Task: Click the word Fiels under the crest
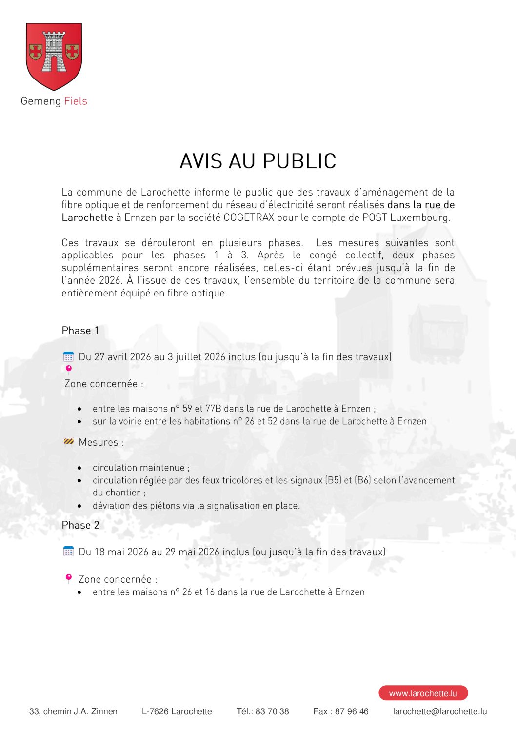pyautogui.click(x=76, y=101)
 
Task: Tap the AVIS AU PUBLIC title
pyautogui.click(x=258, y=161)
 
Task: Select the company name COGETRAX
pyautogui.click(x=249, y=217)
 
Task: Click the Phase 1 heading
pyautogui.click(x=80, y=331)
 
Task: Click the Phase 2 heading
pyautogui.click(x=80, y=525)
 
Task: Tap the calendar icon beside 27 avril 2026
pyautogui.click(x=68, y=357)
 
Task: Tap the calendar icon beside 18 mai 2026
pyautogui.click(x=68, y=552)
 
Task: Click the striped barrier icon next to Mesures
pyautogui.click(x=68, y=442)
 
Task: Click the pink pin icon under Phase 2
pyautogui.click(x=69, y=578)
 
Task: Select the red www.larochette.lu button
pyautogui.click(x=423, y=693)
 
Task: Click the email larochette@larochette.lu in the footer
pyautogui.click(x=440, y=711)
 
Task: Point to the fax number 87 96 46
pyautogui.click(x=352, y=711)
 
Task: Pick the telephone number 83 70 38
pyautogui.click(x=272, y=711)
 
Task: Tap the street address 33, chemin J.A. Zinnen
pyautogui.click(x=73, y=711)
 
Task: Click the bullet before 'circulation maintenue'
pyautogui.click(x=79, y=468)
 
